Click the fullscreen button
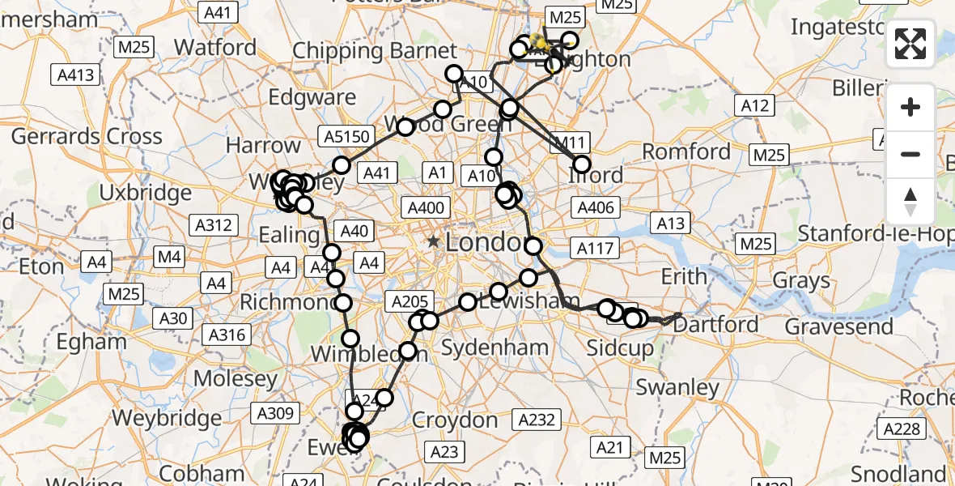click(910, 44)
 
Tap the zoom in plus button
click(910, 107)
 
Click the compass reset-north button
click(910, 201)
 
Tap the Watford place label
click(215, 47)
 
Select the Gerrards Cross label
click(87, 135)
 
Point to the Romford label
click(686, 151)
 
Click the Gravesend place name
click(839, 326)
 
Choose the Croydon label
click(455, 420)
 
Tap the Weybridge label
click(166, 418)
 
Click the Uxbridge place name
click(146, 193)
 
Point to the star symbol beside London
click(434, 241)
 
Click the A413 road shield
click(75, 75)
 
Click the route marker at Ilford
click(582, 164)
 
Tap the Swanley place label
click(677, 387)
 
